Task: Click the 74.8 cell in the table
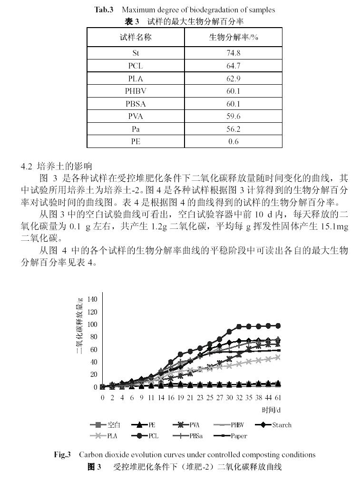point(233,53)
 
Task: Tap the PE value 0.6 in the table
point(233,141)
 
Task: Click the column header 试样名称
point(136,37)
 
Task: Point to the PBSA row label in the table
point(136,104)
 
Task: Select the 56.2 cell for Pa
point(233,129)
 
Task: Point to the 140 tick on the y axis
point(92,299)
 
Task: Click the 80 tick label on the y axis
point(94,337)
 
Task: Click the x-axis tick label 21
point(190,397)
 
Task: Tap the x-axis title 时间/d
point(271,409)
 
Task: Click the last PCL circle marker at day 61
point(278,325)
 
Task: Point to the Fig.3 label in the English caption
point(62,454)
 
